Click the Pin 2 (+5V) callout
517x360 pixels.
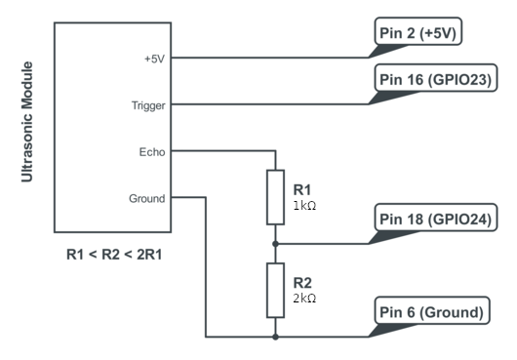coord(418,31)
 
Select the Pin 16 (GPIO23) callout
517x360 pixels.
coord(436,78)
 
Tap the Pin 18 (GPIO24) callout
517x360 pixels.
coord(436,218)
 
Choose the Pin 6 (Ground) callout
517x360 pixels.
coord(432,310)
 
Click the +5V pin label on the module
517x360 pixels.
coord(155,59)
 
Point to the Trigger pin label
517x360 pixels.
coord(148,105)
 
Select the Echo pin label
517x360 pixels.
coord(152,152)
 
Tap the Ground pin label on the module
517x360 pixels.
coord(147,198)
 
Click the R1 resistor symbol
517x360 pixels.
coord(276,197)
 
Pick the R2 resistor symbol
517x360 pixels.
coord(276,291)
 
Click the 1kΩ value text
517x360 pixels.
coord(304,206)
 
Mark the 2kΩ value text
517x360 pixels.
coord(304,299)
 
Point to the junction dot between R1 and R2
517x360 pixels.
coord(276,244)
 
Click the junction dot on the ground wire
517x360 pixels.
coord(276,337)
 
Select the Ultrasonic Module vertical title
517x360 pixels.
coord(27,122)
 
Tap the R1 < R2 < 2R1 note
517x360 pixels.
coord(114,255)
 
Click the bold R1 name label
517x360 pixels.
coord(302,190)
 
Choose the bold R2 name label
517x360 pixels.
coord(302,283)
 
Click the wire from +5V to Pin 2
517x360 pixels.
coord(270,58)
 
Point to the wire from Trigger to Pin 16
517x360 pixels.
coord(270,104)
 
